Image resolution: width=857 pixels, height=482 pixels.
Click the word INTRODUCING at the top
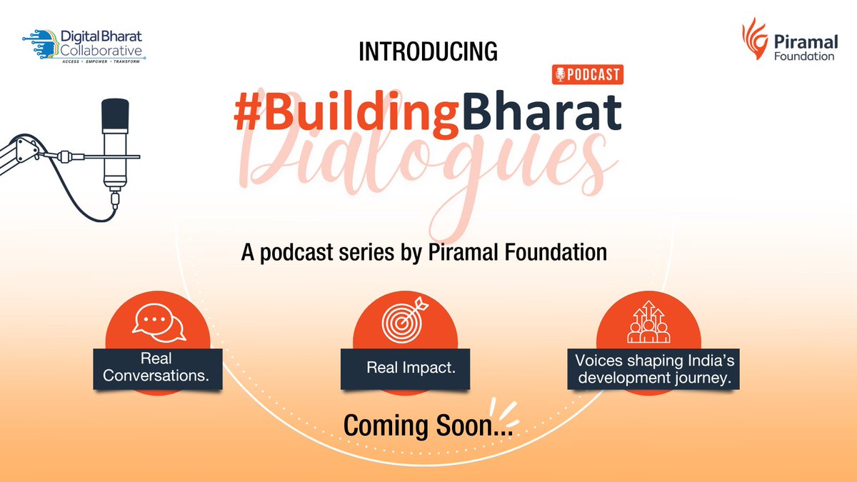tap(427, 51)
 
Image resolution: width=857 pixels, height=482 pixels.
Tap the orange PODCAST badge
tap(587, 74)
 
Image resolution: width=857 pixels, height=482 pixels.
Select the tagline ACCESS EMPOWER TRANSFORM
tap(99, 62)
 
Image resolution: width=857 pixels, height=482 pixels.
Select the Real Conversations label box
tap(157, 366)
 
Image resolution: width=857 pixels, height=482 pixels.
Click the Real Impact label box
tap(405, 368)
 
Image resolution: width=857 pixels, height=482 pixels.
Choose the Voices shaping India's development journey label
tap(653, 369)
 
